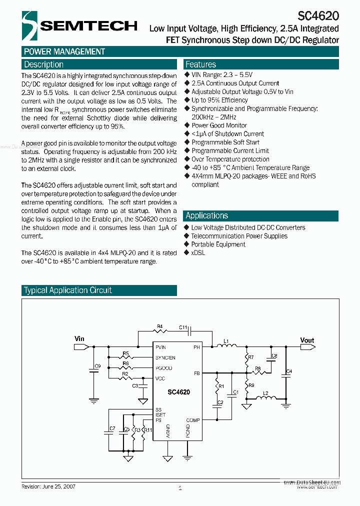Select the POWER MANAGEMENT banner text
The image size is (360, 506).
64,51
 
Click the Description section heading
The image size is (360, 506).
44,64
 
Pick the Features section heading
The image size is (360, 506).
200,64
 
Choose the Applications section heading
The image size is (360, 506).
206,215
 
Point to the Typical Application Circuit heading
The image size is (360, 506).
68,290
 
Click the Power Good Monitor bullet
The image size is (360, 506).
219,125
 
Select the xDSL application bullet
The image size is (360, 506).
198,253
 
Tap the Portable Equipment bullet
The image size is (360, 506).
218,244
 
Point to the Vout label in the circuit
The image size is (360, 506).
307,340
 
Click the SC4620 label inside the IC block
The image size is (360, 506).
178,392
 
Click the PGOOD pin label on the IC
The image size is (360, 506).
164,368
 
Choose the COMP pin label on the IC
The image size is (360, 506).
193,420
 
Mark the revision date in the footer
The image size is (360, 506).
48,486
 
